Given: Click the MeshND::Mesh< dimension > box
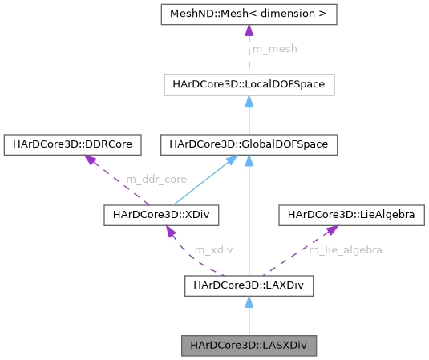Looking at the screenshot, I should (x=249, y=14).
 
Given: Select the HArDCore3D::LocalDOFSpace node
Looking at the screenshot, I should (x=249, y=83).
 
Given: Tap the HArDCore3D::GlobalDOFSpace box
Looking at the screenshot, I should (x=249, y=144).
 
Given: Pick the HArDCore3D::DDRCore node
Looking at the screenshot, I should (x=73, y=144).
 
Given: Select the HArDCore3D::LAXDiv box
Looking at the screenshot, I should (x=249, y=285).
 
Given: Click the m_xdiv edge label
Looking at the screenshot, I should (x=213, y=249).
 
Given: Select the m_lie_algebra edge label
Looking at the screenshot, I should (x=345, y=249).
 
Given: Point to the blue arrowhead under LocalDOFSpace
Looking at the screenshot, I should (x=249, y=100).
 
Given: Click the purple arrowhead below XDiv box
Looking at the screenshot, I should (x=171, y=231).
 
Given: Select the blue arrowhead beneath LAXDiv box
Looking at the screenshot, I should (x=249, y=301).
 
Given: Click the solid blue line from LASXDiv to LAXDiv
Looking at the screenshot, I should (x=249, y=322).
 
